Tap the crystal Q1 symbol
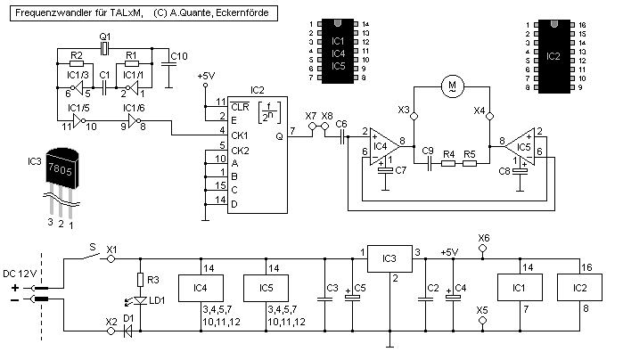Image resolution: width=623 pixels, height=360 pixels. click(103, 46)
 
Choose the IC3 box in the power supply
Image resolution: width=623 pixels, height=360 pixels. click(389, 259)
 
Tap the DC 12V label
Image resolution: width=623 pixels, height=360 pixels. click(20, 272)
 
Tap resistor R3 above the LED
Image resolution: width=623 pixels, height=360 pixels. click(139, 279)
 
